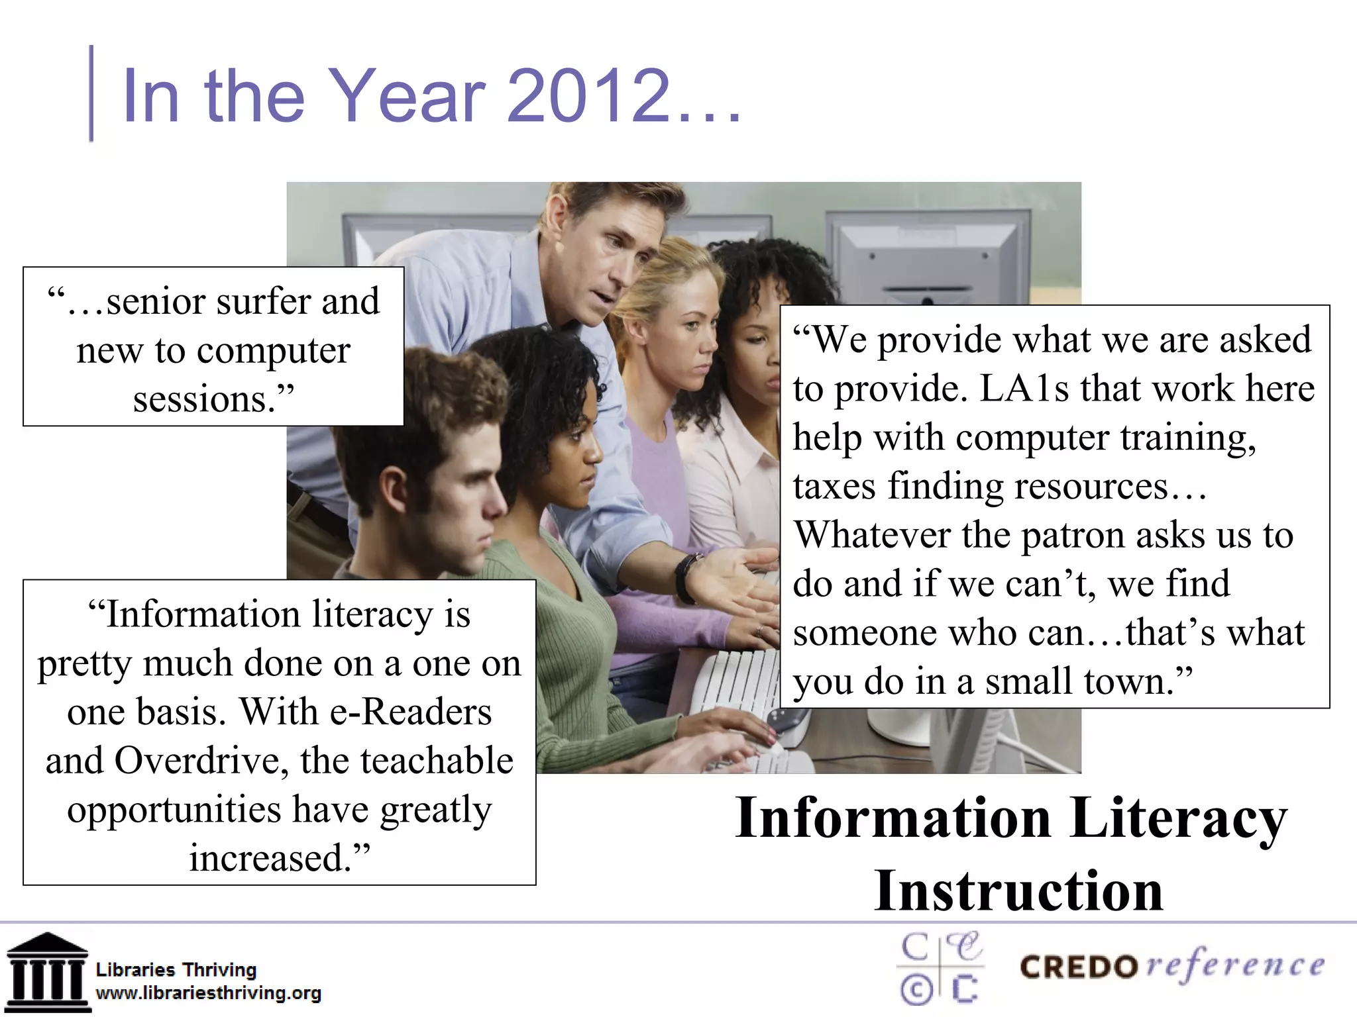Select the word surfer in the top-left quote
pos(264,302)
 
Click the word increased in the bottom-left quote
pos(270,858)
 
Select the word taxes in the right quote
pos(834,487)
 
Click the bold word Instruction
pos(1018,891)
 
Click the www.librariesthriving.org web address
pos(208,993)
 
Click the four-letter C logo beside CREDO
pos(940,969)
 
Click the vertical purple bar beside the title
pos(91,93)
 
